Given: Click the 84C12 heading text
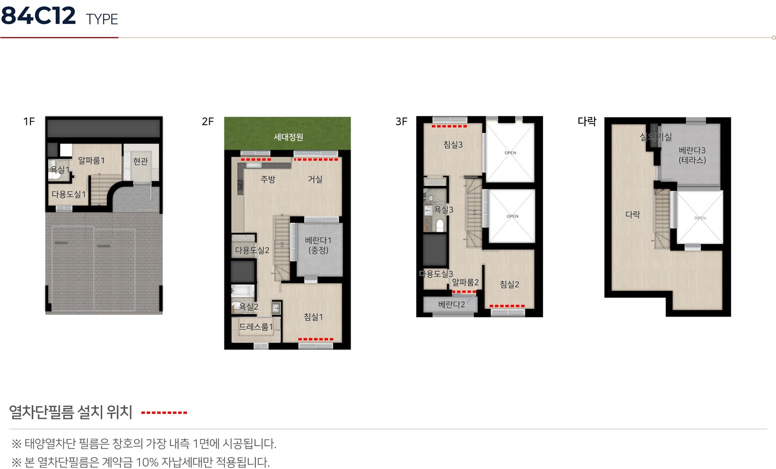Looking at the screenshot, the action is click(x=38, y=16).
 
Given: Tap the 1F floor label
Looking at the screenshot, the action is click(x=29, y=122).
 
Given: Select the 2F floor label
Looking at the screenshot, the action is click(x=208, y=122).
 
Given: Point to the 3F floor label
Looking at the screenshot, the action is click(x=401, y=122).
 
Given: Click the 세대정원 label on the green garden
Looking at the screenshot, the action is click(x=288, y=137).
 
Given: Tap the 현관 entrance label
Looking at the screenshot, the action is click(x=141, y=161).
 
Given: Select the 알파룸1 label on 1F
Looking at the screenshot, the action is click(x=91, y=161).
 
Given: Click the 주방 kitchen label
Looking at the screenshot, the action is click(x=268, y=179).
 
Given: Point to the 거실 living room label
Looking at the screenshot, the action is click(x=315, y=179).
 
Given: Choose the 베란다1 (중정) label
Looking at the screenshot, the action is click(x=318, y=245).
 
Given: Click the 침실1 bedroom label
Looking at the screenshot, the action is click(x=313, y=317).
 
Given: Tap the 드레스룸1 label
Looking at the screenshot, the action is click(x=256, y=327).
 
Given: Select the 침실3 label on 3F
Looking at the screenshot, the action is click(x=453, y=145).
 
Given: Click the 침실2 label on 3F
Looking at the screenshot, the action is click(x=510, y=284).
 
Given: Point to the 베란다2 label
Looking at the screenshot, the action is click(x=451, y=304).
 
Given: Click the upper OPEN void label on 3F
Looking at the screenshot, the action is click(x=510, y=153).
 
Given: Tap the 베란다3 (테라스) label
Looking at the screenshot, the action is click(x=692, y=155).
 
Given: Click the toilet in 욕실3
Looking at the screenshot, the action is click(x=440, y=225).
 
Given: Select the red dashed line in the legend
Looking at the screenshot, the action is click(x=164, y=413).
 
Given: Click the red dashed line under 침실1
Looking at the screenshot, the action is click(x=316, y=339).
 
